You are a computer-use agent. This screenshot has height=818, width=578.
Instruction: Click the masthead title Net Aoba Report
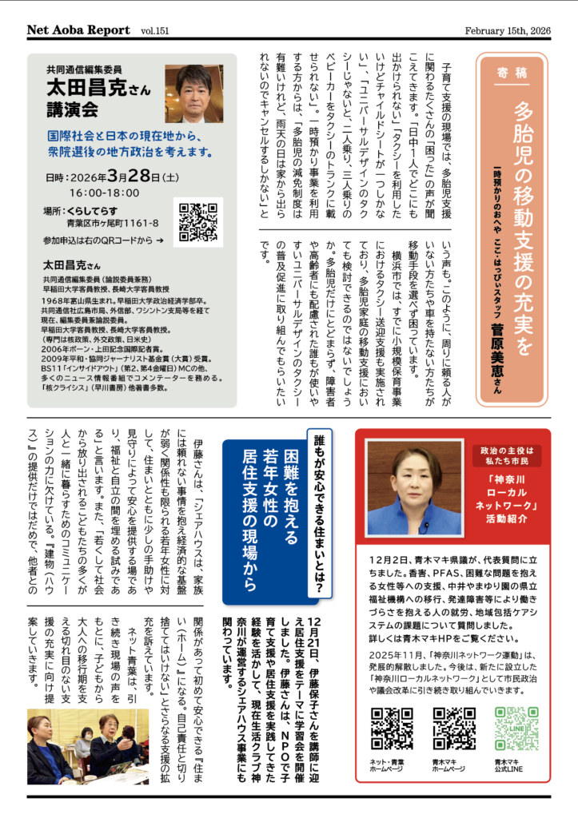tap(78, 30)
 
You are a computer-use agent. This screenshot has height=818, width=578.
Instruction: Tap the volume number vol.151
tap(157, 31)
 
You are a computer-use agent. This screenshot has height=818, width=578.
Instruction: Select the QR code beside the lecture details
tap(200, 223)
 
